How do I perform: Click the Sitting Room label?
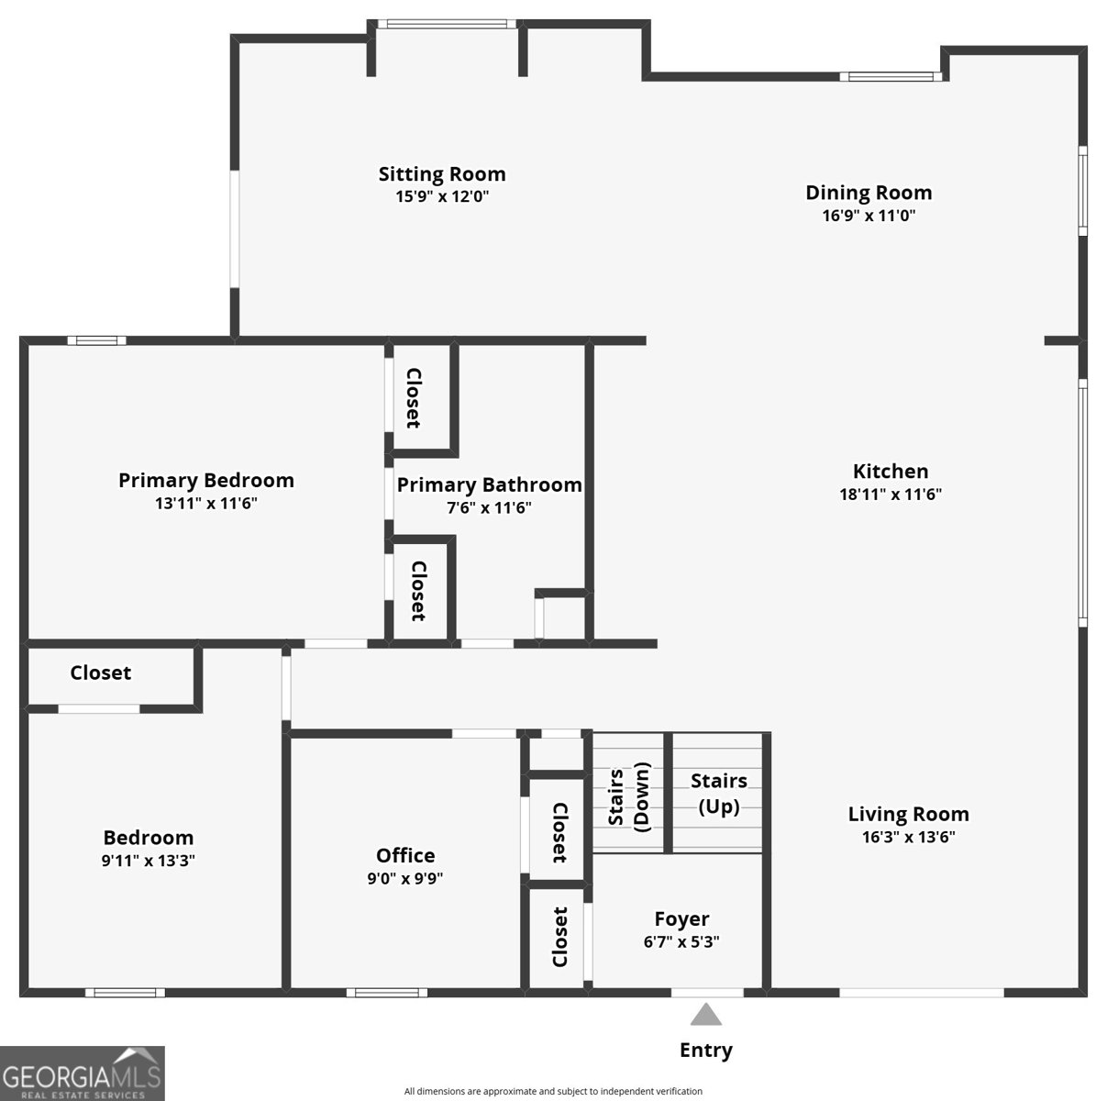[442, 173]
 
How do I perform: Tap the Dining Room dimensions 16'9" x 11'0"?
[869, 216]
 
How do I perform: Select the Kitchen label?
[891, 471]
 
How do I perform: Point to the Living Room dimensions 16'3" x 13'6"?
[908, 837]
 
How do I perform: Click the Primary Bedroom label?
[206, 480]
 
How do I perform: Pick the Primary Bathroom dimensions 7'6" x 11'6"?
[489, 507]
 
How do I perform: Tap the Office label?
[405, 855]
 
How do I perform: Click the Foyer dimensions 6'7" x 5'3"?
[681, 941]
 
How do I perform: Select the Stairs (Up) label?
[719, 794]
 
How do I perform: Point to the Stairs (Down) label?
[628, 797]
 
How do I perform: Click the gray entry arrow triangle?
[705, 1015]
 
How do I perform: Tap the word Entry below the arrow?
[706, 1051]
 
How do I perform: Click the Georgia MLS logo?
[83, 1073]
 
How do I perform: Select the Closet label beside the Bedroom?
[101, 673]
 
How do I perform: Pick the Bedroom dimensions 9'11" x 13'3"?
[149, 860]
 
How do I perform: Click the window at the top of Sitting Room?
[447, 24]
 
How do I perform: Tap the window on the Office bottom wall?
[387, 993]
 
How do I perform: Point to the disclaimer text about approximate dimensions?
[553, 1091]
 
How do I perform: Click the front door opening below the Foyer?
[707, 993]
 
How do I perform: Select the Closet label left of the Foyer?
[559, 937]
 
